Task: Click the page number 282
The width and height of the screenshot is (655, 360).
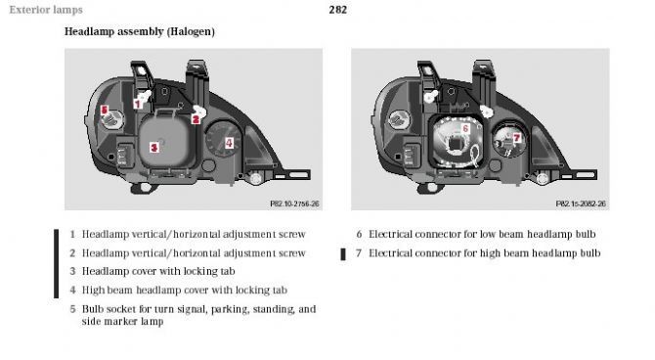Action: point(337,10)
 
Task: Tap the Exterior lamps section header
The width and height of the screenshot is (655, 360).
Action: point(46,10)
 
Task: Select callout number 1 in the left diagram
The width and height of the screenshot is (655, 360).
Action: point(138,104)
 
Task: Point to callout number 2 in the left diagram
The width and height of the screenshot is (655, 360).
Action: point(196,119)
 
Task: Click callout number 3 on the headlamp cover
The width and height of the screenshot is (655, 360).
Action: point(154,147)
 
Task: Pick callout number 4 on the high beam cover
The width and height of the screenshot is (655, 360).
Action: point(229,143)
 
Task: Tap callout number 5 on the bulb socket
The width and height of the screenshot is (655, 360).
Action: point(105,110)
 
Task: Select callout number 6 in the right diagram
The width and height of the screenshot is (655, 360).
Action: point(465,128)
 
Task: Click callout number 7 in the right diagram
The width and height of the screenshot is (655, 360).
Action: point(517,138)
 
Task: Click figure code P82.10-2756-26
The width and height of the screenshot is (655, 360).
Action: point(294,203)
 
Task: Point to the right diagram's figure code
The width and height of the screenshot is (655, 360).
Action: point(581,203)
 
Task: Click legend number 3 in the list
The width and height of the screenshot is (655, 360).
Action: point(72,271)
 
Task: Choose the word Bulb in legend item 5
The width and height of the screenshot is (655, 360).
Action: point(92,309)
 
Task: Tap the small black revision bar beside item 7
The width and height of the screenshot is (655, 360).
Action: point(343,254)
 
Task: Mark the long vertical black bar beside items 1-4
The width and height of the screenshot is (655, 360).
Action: point(57,263)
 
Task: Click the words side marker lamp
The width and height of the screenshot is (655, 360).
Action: point(122,322)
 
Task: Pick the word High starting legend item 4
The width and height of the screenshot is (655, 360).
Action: point(91,291)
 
